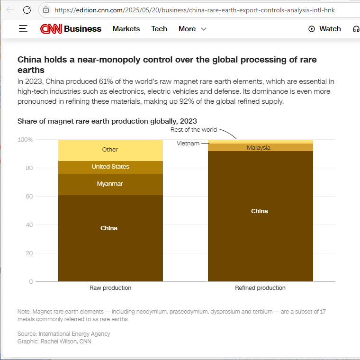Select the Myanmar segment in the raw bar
tap(110, 184)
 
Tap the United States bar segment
tap(110, 167)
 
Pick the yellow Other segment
tap(110, 150)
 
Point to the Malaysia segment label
tap(259, 148)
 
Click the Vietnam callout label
tap(188, 143)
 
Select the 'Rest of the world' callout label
tap(194, 130)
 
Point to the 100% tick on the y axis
tap(25, 140)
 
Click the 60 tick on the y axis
tap(29, 197)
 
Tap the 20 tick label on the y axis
tap(29, 253)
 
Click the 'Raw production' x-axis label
tap(110, 288)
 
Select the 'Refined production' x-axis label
tap(260, 288)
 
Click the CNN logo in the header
tap(51, 29)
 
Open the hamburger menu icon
tap(23, 29)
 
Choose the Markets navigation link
tap(126, 29)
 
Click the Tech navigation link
tap(159, 29)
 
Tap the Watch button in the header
tap(324, 29)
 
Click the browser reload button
tap(27, 9)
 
